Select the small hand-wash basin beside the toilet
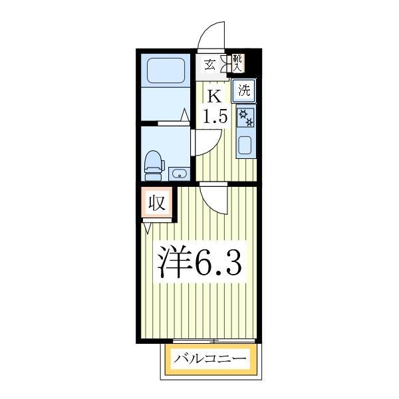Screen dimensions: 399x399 tap(178, 174)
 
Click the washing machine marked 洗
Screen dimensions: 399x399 tap(245, 88)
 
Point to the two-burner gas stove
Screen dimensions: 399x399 tap(245, 117)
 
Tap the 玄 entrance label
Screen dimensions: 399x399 tap(209, 65)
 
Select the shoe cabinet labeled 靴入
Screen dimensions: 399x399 tap(237, 63)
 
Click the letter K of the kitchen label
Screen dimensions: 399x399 tap(214, 95)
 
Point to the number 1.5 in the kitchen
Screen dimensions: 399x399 tap(215, 118)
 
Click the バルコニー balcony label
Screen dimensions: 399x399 tap(211, 360)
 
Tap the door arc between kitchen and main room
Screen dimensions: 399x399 tap(214, 198)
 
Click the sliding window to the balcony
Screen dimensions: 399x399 tap(211, 342)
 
